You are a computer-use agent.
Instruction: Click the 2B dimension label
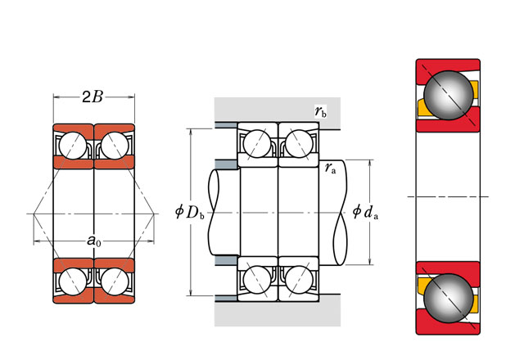(93, 98)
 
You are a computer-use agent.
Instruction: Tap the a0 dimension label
(93, 241)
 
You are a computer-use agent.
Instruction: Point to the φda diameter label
(364, 213)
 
